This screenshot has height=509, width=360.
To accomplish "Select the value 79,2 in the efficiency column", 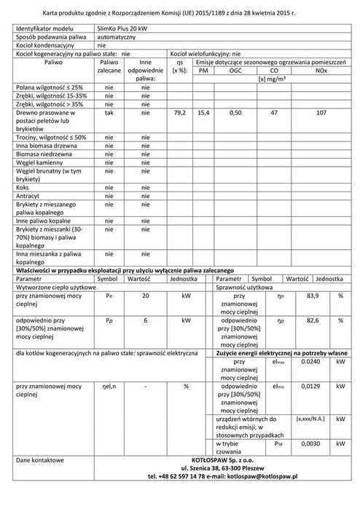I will [x=181, y=114].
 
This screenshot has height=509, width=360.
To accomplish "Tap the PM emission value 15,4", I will [x=203, y=114].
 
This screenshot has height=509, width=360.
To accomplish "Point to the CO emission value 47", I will [x=274, y=114].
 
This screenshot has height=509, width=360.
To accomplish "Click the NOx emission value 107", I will [x=321, y=114].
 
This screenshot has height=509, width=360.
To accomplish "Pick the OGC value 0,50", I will [x=235, y=114].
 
